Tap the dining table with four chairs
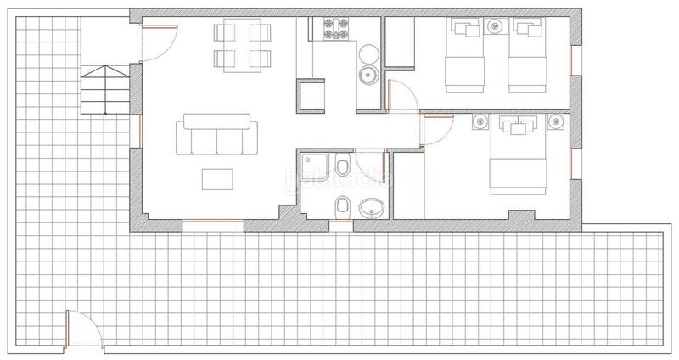coord(241,46)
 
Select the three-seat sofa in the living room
coord(216,137)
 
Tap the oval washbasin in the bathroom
coord(371,206)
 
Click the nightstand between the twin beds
coord(495,27)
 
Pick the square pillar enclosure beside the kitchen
coord(309,94)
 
